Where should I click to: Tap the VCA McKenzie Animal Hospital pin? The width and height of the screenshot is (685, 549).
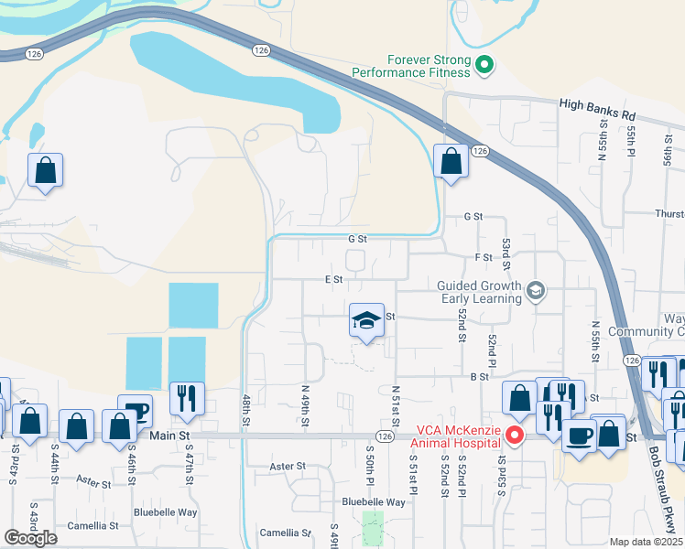(515, 436)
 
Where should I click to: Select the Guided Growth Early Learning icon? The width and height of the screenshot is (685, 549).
(536, 292)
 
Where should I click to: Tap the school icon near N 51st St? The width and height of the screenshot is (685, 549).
(366, 321)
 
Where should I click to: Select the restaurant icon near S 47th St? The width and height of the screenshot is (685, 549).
(187, 398)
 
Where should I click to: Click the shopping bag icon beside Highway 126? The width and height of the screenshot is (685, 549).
(451, 162)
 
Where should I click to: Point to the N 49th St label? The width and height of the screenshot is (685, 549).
(305, 405)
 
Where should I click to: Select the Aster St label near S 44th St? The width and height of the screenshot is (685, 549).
(93, 479)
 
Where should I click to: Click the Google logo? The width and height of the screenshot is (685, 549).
(31, 538)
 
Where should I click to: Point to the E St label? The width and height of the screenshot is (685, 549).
(333, 279)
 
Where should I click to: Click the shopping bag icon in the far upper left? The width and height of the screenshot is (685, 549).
(45, 170)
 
